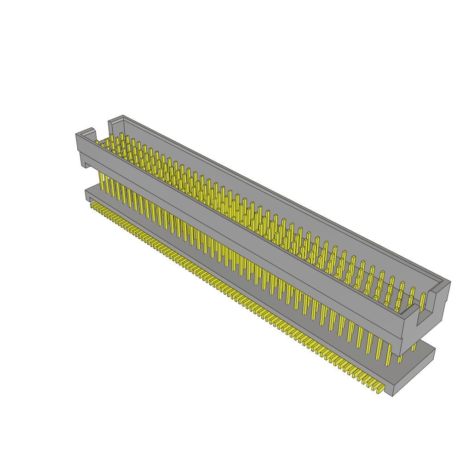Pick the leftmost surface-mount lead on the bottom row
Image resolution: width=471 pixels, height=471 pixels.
click(x=92, y=204)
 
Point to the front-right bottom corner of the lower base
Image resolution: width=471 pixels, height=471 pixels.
click(x=393, y=396)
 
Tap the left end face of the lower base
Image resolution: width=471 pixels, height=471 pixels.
click(x=87, y=195)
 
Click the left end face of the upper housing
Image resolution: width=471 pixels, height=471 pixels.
click(x=79, y=143)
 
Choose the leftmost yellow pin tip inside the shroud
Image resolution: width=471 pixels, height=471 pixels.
click(x=97, y=142)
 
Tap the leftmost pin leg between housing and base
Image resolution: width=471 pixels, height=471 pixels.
click(x=101, y=181)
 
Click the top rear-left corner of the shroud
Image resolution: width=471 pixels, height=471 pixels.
click(x=123, y=116)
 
